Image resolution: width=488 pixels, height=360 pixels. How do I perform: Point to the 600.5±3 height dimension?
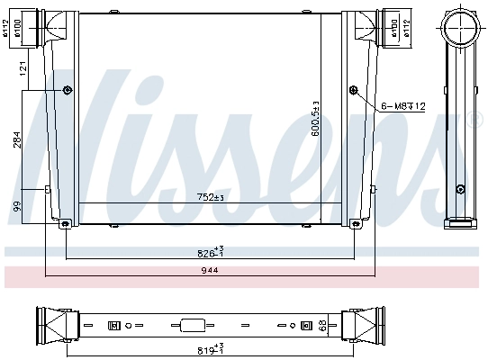coord(314,117)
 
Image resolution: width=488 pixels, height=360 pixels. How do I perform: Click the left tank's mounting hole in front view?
coord(68,90)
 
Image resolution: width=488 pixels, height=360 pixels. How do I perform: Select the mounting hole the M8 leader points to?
coord(353,90)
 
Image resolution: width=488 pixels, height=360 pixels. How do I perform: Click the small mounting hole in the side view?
coord(460,189)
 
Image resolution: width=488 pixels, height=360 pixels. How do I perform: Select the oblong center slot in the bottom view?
coord(193,324)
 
